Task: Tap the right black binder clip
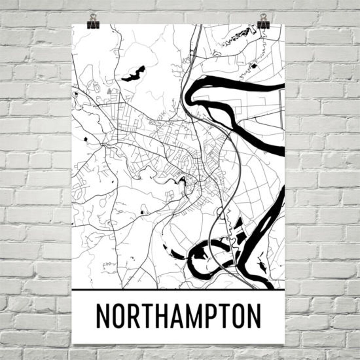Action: [x=263, y=22]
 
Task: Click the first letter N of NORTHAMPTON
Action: [x=103, y=316]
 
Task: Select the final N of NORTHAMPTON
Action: [x=254, y=316]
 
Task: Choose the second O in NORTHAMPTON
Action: [x=239, y=316]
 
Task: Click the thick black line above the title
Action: [x=178, y=290]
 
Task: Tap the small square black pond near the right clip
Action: [x=256, y=66]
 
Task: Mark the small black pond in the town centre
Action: [x=183, y=180]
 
